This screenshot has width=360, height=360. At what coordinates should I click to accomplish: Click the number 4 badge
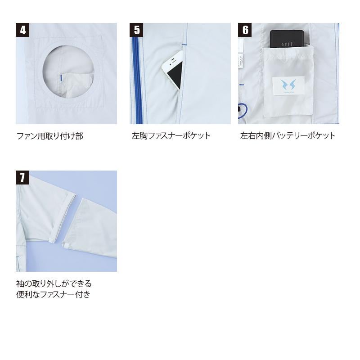(22, 30)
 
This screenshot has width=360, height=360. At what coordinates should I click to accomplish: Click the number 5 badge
(136, 30)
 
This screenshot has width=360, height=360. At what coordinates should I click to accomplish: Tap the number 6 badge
(245, 30)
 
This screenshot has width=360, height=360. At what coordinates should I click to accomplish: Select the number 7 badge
(22, 177)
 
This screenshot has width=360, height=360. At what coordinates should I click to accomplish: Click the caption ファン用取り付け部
(50, 136)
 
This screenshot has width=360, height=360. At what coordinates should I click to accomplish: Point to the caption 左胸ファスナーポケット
(171, 136)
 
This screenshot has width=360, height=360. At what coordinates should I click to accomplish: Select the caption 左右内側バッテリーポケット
(288, 136)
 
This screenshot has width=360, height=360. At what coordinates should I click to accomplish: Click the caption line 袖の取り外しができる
(54, 284)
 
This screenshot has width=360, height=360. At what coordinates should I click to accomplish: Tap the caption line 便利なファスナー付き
(53, 294)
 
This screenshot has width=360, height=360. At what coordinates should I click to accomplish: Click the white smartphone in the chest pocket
(173, 71)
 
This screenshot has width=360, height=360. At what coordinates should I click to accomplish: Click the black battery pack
(287, 39)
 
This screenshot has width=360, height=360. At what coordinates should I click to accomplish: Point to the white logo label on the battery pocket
(288, 86)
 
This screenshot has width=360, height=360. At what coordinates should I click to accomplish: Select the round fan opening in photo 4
(68, 72)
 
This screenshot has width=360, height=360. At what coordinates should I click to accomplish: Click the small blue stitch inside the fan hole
(61, 78)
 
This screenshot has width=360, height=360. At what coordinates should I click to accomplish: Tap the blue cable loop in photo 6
(243, 111)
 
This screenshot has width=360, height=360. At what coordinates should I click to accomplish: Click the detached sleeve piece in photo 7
(93, 227)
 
